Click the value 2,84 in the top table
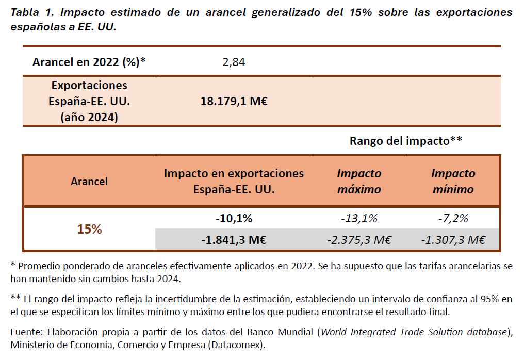pyautogui.click(x=234, y=62)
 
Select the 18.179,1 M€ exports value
pyautogui.click(x=234, y=101)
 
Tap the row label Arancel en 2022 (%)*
pyautogui.click(x=89, y=62)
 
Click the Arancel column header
pyautogui.click(x=89, y=181)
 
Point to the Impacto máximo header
pyautogui.click(x=359, y=181)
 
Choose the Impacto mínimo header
pyautogui.click(x=453, y=181)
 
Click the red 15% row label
pyautogui.click(x=89, y=229)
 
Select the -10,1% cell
pyautogui.click(x=234, y=218)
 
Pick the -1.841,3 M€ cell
pyautogui.click(x=234, y=239)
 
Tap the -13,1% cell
pyautogui.click(x=359, y=218)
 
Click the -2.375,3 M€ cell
pyautogui.click(x=359, y=239)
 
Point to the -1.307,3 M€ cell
pyautogui.click(x=453, y=239)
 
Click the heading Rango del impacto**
pyautogui.click(x=405, y=141)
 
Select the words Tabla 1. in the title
pyautogui.click(x=32, y=12)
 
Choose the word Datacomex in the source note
pyautogui.click(x=237, y=345)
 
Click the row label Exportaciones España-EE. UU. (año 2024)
pyautogui.click(x=89, y=101)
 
